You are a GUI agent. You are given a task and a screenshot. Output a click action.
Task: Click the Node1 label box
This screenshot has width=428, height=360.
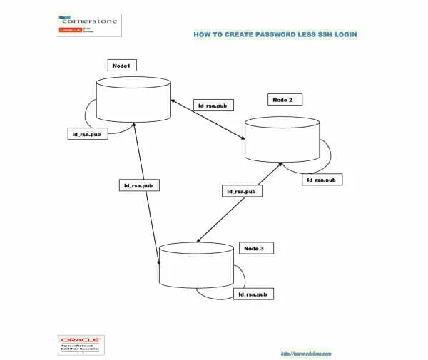[121, 66]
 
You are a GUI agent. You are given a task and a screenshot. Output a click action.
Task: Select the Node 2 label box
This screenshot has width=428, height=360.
[282, 100]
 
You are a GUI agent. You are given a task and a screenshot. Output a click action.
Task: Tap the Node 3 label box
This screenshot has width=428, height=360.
[254, 248]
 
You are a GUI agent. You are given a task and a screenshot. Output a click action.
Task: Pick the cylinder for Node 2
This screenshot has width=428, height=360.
[282, 138]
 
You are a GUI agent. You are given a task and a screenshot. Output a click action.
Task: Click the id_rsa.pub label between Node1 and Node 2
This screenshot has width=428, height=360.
[212, 106]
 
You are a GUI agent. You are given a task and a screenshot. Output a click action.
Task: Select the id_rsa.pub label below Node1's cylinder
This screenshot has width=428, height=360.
[89, 134]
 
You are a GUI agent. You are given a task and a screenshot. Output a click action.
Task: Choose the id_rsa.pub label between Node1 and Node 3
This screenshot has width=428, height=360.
[138, 185]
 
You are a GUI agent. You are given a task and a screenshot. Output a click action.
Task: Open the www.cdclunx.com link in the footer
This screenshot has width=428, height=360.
[306, 354]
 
